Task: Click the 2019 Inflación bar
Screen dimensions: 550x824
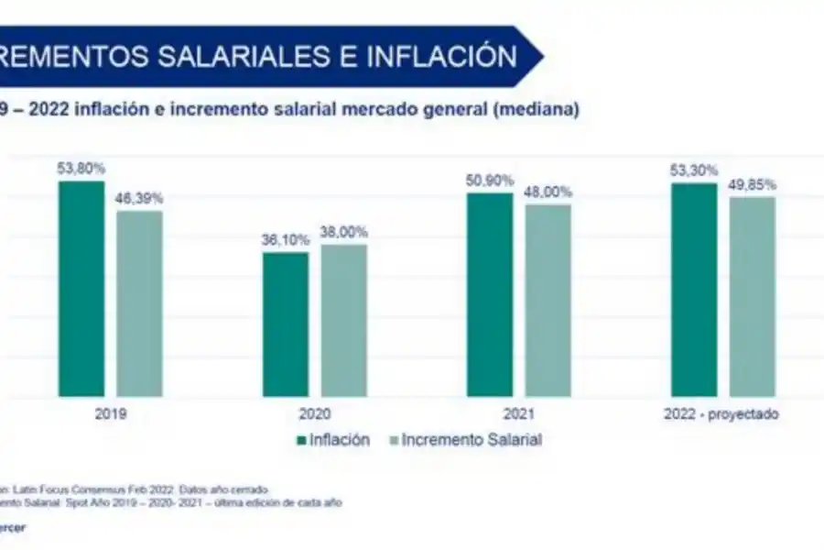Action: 82,289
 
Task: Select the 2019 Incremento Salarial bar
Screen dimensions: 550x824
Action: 139,303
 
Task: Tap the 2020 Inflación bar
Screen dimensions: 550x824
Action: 286,324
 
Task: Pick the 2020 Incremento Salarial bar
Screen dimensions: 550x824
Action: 343,320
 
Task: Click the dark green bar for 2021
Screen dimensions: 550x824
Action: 491,294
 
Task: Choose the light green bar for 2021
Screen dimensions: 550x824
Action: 548,300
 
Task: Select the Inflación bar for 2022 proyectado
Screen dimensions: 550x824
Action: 694,290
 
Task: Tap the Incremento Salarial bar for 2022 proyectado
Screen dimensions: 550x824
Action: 752,296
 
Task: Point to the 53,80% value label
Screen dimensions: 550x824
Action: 81,168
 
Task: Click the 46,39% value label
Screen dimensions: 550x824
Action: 139,197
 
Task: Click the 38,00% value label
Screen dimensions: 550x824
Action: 343,231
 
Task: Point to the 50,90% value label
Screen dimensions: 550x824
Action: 491,180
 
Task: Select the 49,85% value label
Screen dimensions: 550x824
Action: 752,183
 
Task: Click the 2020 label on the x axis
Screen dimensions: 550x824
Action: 315,413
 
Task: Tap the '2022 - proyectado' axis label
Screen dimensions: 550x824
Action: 722,413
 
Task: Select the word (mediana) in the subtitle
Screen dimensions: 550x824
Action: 537,109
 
